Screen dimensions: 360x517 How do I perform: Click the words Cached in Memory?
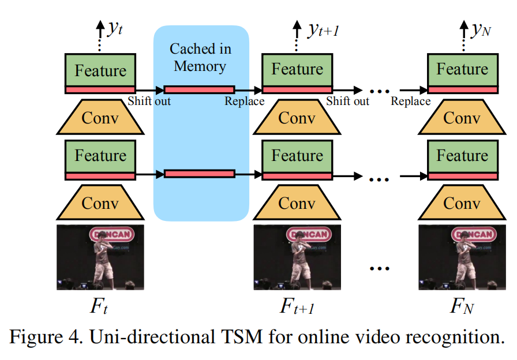pos(200,57)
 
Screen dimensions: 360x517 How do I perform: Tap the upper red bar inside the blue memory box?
pos(200,89)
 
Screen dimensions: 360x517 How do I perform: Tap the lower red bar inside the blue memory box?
pos(200,174)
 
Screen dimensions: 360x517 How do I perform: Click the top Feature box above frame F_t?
pos(100,70)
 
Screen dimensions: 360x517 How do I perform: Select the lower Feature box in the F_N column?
pos(462,156)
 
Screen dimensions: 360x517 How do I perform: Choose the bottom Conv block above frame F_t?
pos(100,203)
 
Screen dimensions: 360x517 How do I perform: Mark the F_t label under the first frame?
pos(99,306)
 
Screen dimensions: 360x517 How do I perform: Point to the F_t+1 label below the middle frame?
pos(297,306)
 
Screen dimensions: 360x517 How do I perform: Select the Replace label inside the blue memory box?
pos(244,102)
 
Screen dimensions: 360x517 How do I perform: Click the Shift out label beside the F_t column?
pos(149,102)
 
